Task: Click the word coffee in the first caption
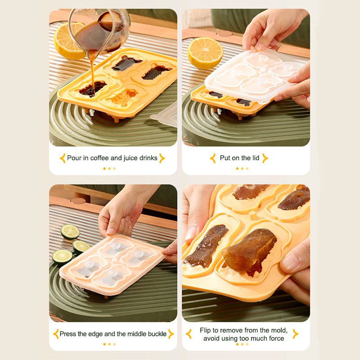point(99,158)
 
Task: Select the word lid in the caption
point(256,158)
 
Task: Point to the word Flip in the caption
point(205,330)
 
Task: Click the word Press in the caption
point(68,334)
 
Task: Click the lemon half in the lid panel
point(205,53)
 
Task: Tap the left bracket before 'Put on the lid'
point(213,158)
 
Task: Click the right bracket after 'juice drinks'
point(162,158)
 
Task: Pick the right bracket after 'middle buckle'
point(171,334)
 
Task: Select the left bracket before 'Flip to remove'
point(189,334)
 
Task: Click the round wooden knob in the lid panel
point(224,33)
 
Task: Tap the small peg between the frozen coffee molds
point(253,215)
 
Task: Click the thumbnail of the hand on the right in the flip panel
point(290,262)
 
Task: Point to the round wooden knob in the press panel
point(78,201)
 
